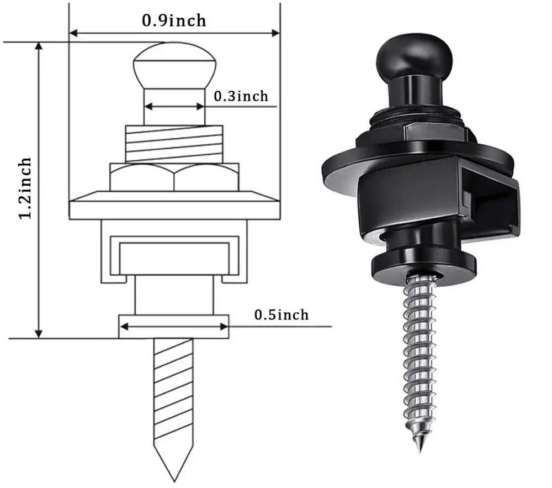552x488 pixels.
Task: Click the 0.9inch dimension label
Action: click(x=174, y=20)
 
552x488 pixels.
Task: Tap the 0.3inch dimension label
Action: click(x=241, y=96)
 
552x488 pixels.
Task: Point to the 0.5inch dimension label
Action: click(x=281, y=315)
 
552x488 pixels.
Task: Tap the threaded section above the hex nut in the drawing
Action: click(x=174, y=144)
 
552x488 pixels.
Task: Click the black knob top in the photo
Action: click(x=414, y=55)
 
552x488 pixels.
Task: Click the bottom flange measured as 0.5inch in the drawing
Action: click(x=174, y=327)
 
